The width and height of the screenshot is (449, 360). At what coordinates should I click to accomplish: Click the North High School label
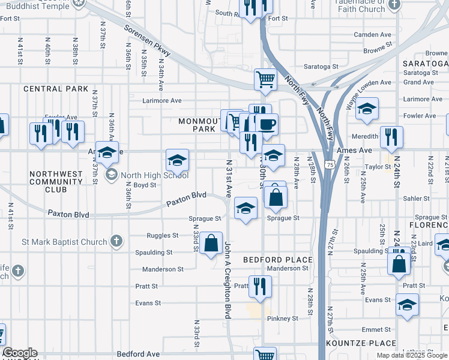[x=154, y=175]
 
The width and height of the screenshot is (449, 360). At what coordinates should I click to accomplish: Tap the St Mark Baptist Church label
[x=65, y=242]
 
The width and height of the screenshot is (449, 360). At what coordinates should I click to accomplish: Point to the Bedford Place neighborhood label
[x=278, y=260]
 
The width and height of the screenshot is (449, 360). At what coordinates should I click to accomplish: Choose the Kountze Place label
[x=361, y=343]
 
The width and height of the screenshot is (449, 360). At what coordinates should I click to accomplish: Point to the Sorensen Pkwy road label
[x=147, y=41]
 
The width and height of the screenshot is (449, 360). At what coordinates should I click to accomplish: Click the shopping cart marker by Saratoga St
[x=265, y=79]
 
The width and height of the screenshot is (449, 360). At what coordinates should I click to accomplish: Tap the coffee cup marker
[x=267, y=124]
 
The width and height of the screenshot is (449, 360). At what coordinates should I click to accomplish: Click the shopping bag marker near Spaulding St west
[x=211, y=243]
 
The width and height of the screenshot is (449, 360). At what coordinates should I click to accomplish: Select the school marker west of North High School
[x=107, y=153]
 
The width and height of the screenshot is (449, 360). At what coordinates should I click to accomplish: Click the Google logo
[x=19, y=353]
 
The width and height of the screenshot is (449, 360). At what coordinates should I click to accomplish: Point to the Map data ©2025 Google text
[x=412, y=355]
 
